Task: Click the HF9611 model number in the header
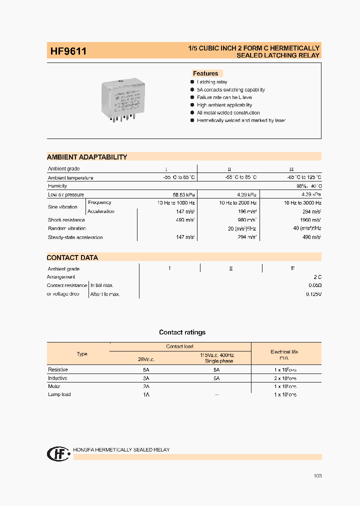click(68, 51)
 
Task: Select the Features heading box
click(205, 73)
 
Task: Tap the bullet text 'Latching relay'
click(212, 82)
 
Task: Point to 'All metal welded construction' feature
click(228, 113)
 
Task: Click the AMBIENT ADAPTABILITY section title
click(87, 157)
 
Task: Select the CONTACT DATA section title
click(72, 258)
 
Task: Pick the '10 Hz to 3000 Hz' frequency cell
click(302, 203)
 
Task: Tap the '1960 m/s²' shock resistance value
click(310, 220)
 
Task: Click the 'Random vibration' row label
click(67, 228)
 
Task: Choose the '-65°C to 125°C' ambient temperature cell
click(301, 177)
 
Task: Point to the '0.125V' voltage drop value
click(313, 294)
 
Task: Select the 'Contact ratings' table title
click(182, 332)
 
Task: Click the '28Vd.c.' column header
click(146, 358)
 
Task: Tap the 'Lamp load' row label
click(59, 394)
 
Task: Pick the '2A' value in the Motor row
click(146, 386)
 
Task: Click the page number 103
click(317, 476)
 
